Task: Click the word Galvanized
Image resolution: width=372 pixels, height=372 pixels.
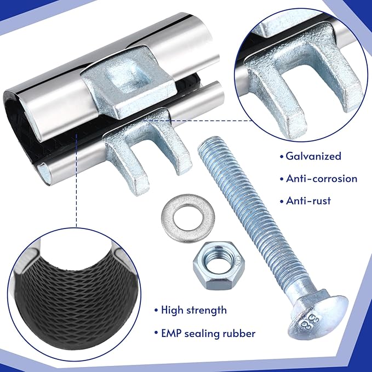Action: tap(313, 156)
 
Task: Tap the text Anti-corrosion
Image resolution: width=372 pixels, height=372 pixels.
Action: tap(322, 179)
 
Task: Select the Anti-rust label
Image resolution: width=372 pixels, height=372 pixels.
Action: tap(308, 201)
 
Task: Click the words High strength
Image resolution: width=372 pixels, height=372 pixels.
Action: tap(194, 310)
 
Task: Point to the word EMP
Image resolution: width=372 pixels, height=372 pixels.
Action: tap(171, 333)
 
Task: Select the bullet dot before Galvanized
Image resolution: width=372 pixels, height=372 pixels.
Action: tap(282, 157)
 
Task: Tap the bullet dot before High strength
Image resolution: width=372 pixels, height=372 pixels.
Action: tap(156, 311)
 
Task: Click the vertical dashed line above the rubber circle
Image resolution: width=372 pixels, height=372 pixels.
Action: tap(76, 180)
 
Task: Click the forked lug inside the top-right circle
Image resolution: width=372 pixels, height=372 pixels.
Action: tap(301, 78)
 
